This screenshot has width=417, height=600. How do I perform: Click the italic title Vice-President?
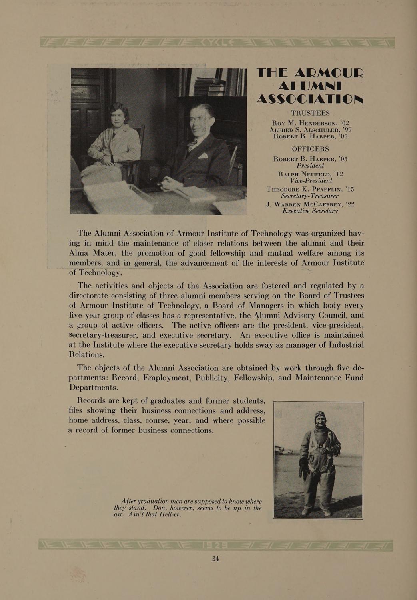pyautogui.click(x=310, y=181)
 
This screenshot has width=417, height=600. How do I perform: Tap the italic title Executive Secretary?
pyautogui.click(x=310, y=211)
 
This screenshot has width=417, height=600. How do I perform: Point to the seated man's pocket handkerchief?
pyautogui.click(x=203, y=156)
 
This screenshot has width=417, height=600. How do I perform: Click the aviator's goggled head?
pyautogui.click(x=320, y=419)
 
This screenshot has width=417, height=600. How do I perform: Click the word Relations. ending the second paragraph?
pyautogui.click(x=86, y=354)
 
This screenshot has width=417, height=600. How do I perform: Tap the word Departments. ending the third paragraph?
pyautogui.click(x=94, y=388)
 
